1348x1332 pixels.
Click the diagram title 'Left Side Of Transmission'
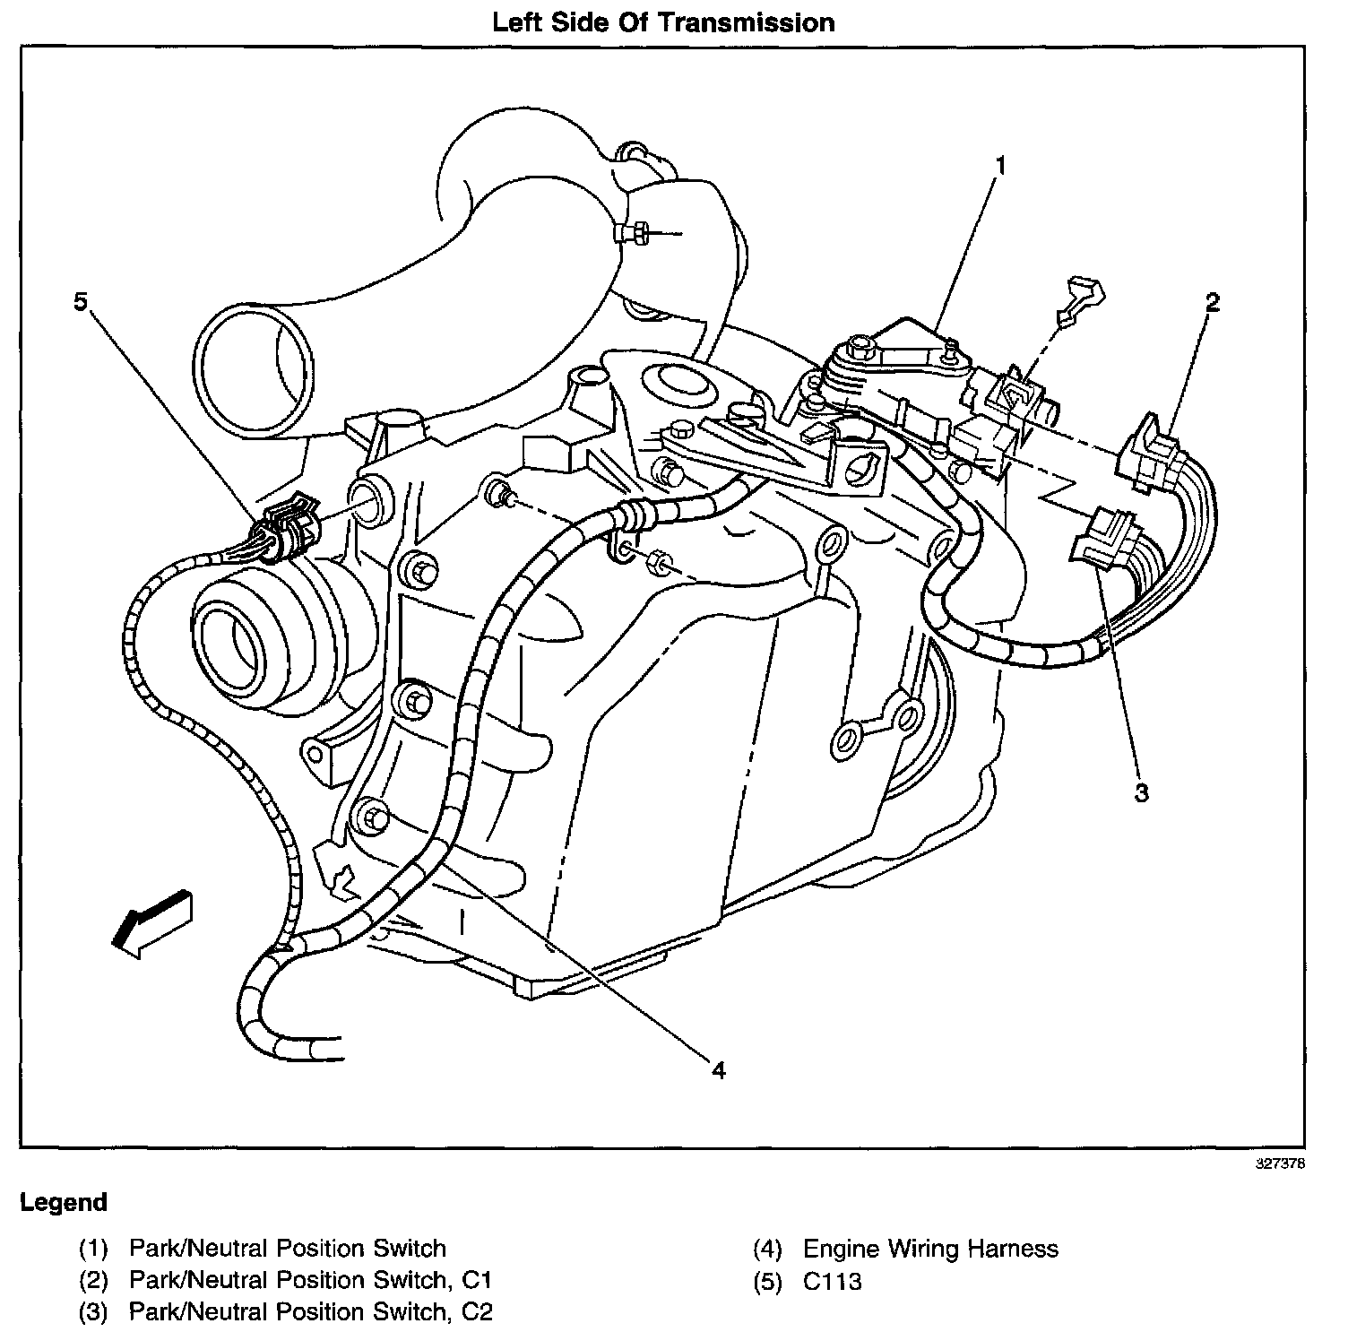663,22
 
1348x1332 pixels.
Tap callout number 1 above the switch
999,166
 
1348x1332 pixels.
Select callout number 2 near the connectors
1212,303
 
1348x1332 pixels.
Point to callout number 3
1141,793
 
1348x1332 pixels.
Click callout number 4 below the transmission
718,1070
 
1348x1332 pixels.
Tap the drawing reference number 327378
1279,1164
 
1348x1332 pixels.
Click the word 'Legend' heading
64,1202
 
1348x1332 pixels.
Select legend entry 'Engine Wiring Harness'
930,1249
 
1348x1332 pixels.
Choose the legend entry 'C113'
832,1282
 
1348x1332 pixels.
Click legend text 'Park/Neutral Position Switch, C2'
310,1312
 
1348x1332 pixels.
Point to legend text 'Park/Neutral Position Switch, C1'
310,1281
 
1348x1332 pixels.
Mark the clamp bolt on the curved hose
628,233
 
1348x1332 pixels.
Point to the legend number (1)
93,1249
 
